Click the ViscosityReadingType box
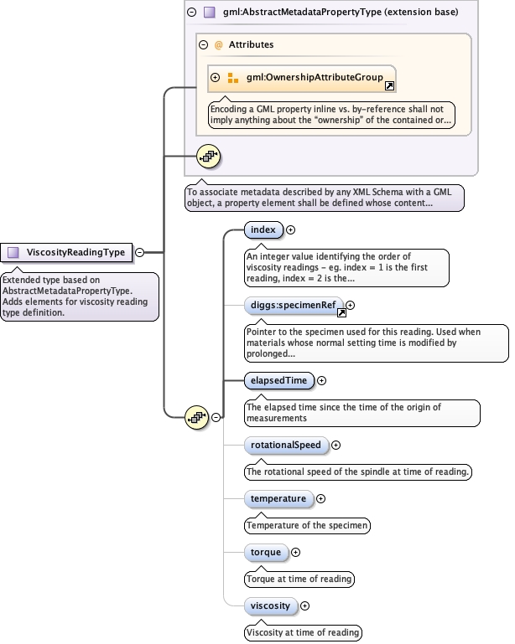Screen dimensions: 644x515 pos(67,252)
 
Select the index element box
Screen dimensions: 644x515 pos(263,229)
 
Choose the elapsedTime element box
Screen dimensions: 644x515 pos(278,380)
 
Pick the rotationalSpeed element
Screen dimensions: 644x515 pos(285,445)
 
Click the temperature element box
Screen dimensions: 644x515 pos(278,499)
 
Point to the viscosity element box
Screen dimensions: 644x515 pos(270,605)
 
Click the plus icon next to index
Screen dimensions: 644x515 pos(291,229)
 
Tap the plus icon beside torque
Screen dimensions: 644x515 pos(295,552)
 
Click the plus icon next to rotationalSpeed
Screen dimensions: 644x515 pos(336,445)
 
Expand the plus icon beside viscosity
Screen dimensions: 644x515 pos(304,605)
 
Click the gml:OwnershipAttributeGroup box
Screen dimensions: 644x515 pos(309,78)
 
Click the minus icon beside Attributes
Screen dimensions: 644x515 pos(204,44)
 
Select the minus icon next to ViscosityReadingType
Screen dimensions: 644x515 pos(140,252)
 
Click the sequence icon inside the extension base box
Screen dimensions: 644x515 pos(208,155)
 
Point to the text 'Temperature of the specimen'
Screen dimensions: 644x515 pos(307,526)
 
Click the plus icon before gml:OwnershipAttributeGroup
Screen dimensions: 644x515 pos(216,78)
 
